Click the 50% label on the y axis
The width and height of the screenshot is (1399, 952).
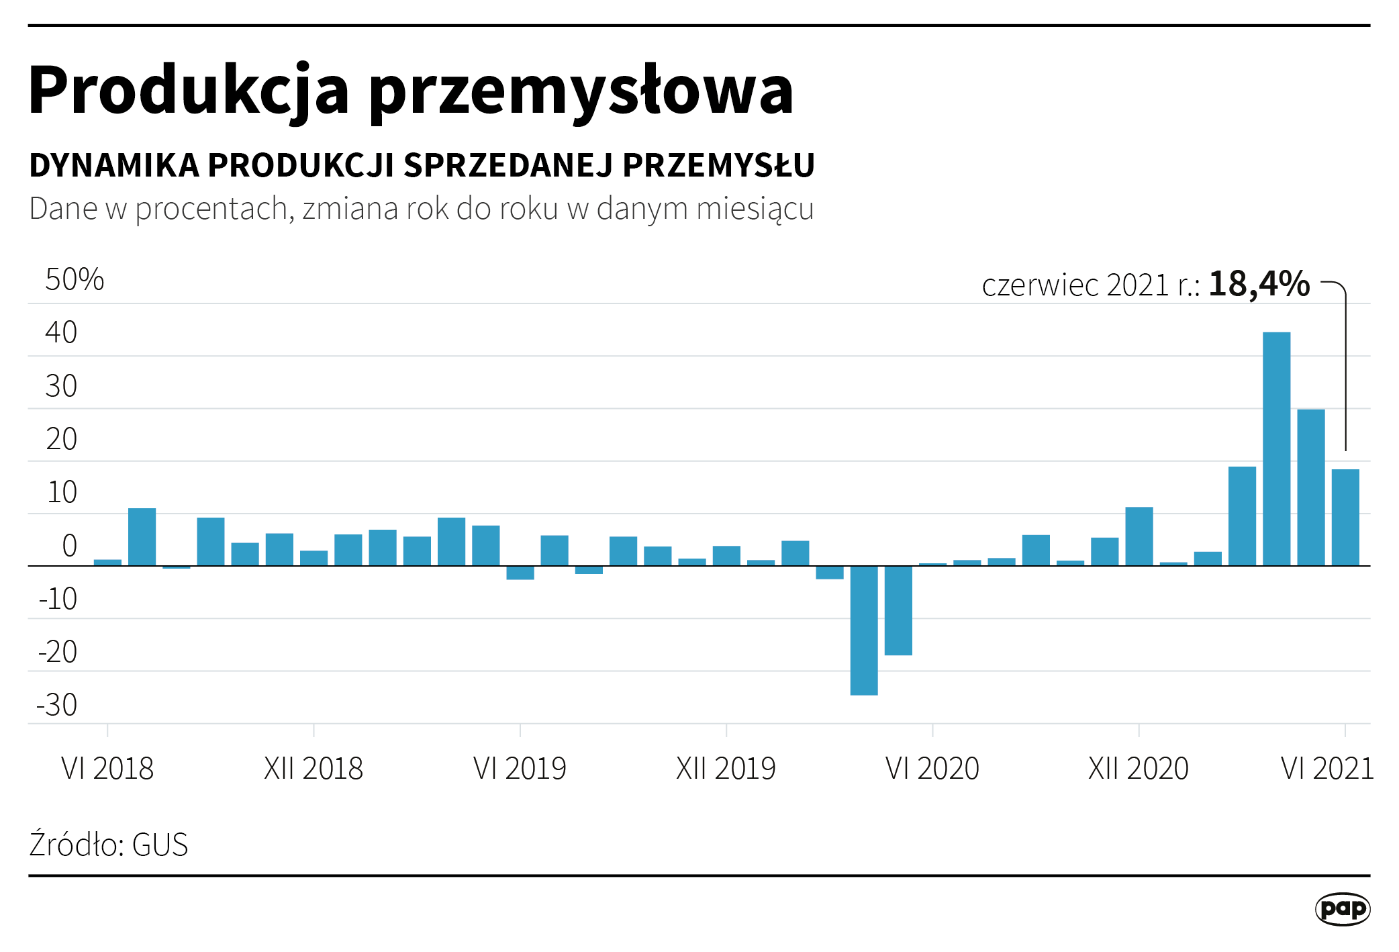(x=75, y=279)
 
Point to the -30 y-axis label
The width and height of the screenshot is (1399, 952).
(x=58, y=705)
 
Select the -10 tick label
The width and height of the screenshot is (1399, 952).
(x=58, y=599)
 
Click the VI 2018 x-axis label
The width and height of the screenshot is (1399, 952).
(x=107, y=768)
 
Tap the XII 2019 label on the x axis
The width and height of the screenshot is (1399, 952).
(x=726, y=768)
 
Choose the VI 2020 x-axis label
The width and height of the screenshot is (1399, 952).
(x=932, y=768)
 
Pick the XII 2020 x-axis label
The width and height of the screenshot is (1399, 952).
(x=1139, y=768)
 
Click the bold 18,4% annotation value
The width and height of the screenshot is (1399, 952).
(x=1259, y=283)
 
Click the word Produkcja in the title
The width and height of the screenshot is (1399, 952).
(x=189, y=91)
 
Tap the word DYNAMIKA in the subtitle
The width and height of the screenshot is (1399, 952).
(x=114, y=165)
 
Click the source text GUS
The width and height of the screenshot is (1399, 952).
(x=160, y=845)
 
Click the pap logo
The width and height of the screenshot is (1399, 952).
(x=1342, y=909)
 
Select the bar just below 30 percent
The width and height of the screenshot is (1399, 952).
(x=1311, y=487)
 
